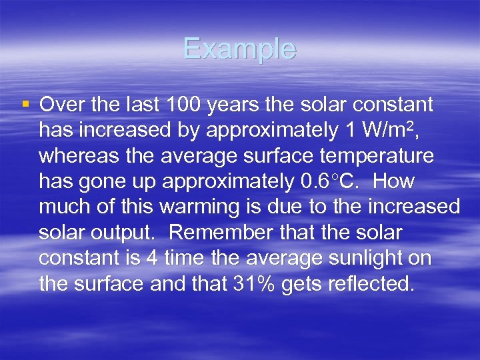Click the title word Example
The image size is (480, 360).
click(x=239, y=49)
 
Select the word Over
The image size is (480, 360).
click(x=60, y=105)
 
